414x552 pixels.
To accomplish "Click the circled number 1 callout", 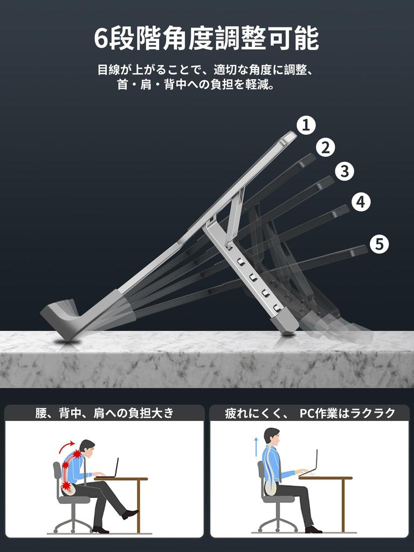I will point(306,126).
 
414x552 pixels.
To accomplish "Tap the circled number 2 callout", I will point(325,147).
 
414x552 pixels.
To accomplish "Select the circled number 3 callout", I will point(344,171).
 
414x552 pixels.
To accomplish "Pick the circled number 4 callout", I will point(361,202).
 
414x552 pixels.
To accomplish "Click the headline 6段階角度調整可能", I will point(206,39).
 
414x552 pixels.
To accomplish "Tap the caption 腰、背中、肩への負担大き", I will point(105,413).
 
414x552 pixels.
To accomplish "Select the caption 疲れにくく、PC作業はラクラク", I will point(310,413).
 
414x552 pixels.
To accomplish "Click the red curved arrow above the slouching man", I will point(67,445).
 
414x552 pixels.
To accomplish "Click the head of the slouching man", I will point(87,447).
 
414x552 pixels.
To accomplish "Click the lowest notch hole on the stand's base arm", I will point(277,307).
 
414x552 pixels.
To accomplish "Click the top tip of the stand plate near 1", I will point(289,137).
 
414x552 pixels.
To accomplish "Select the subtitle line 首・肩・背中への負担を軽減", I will point(196,85).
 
